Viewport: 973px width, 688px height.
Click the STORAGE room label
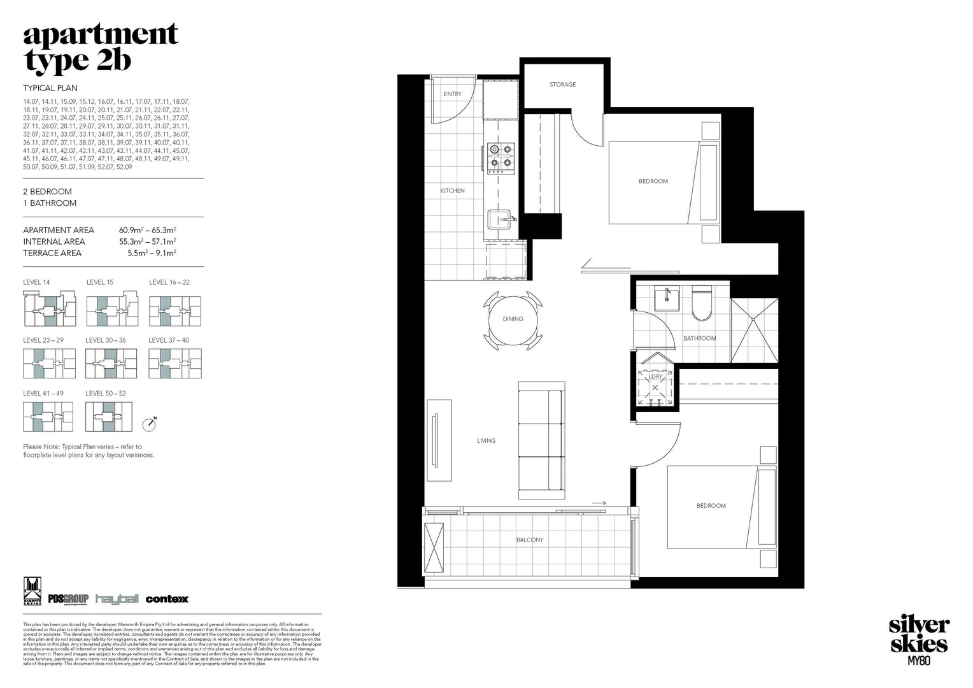point(562,84)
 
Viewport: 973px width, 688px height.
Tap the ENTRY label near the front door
point(452,94)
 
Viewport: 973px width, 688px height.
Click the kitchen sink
point(501,219)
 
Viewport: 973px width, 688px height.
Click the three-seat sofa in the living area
point(541,440)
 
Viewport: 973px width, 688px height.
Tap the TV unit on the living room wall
point(439,440)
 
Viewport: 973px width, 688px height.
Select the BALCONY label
point(530,540)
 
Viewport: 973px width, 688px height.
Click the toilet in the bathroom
point(702,306)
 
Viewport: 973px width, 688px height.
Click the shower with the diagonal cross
point(754,331)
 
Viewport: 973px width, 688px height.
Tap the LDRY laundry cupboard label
point(655,376)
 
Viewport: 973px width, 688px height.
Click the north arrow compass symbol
point(150,422)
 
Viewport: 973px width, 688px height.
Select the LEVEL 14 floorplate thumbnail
point(49,309)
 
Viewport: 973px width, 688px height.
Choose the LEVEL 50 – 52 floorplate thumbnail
point(109,417)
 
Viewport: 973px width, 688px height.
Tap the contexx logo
point(167,599)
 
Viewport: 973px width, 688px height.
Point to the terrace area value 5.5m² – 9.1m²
point(152,253)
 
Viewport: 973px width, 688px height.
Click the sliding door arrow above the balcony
point(599,503)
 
